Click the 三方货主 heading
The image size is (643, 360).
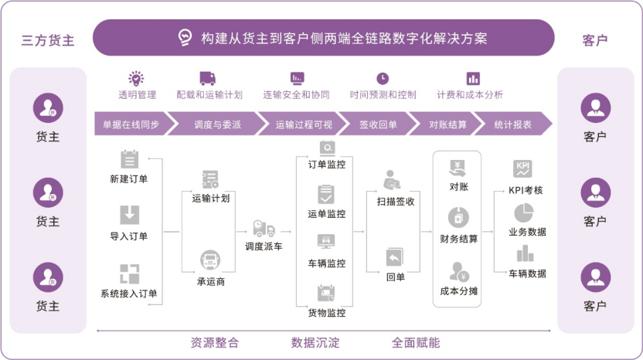(x=48, y=39)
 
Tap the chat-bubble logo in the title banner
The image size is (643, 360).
(x=185, y=38)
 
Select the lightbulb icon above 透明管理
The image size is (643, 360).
(x=137, y=78)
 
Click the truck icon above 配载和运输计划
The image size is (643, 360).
(x=208, y=78)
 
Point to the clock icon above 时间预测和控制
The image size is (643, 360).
(x=383, y=78)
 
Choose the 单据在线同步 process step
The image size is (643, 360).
(x=129, y=124)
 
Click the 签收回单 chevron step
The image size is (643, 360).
(x=378, y=124)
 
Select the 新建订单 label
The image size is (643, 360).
(x=129, y=179)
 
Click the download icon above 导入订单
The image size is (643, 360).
(x=129, y=214)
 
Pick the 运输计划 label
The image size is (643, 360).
(x=211, y=198)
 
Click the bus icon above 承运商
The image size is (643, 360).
(x=210, y=259)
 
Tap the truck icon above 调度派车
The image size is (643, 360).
(x=264, y=229)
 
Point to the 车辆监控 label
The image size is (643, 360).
(x=327, y=263)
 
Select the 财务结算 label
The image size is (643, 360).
(x=458, y=238)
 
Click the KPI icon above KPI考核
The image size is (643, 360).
(x=523, y=169)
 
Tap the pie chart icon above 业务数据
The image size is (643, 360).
(x=524, y=212)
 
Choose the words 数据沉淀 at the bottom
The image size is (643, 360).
(x=315, y=342)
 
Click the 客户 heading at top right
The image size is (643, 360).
(x=595, y=39)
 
